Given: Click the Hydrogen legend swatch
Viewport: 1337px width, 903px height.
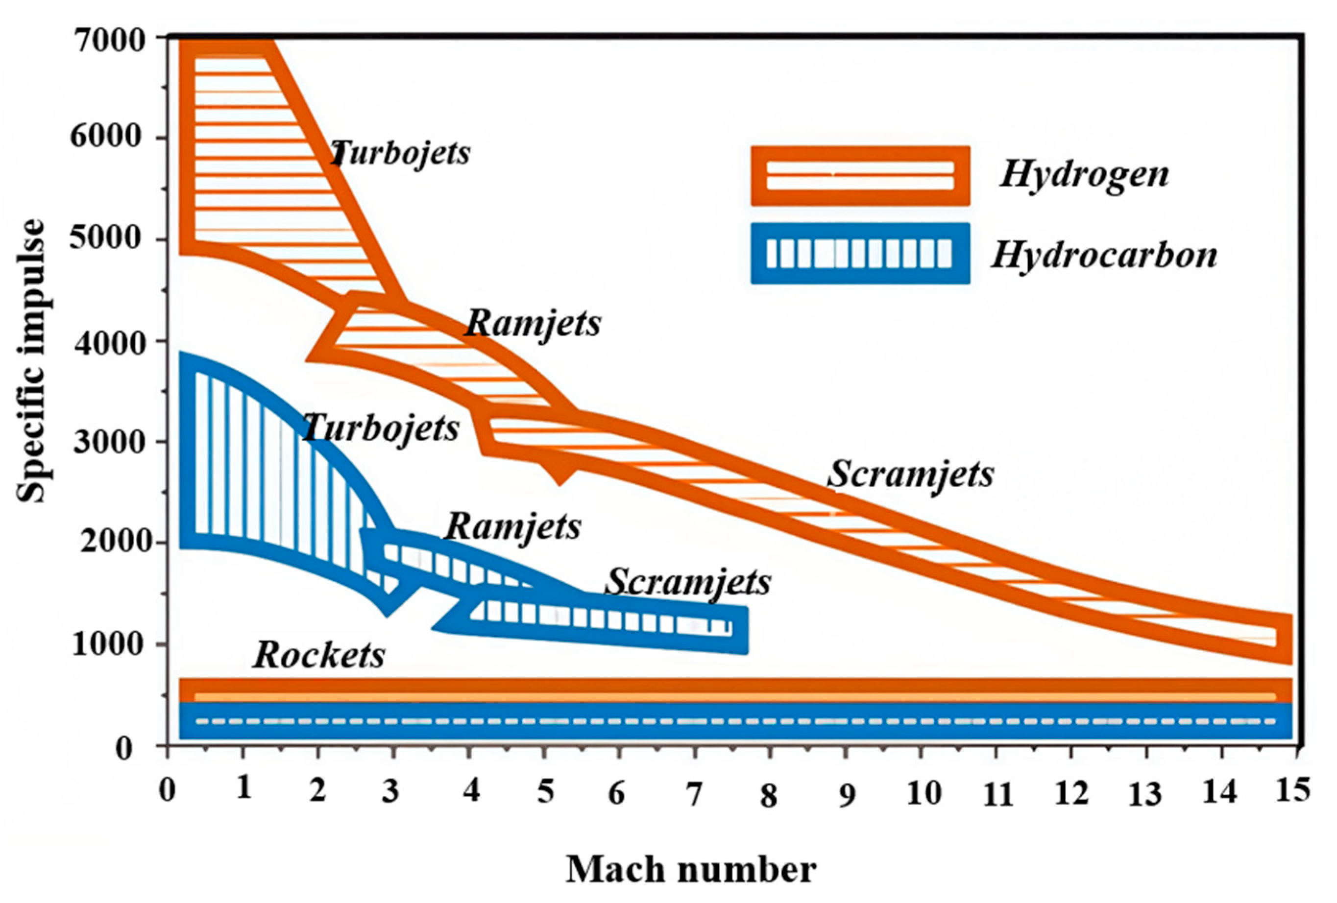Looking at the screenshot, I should pos(860,176).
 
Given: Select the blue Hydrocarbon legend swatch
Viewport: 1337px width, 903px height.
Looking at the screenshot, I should pos(860,254).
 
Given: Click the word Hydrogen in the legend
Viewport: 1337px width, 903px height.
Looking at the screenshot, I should pos(1084,175).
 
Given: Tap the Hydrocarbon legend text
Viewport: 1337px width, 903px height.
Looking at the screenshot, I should pos(1104,255).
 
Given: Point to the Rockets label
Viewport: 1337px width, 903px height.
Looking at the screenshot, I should pos(319,655).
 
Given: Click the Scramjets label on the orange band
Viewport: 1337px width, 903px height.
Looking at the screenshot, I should pos(911,475).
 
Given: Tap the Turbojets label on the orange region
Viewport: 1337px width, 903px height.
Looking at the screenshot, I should pos(401,153).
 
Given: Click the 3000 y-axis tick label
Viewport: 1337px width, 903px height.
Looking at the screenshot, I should pos(112,442).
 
